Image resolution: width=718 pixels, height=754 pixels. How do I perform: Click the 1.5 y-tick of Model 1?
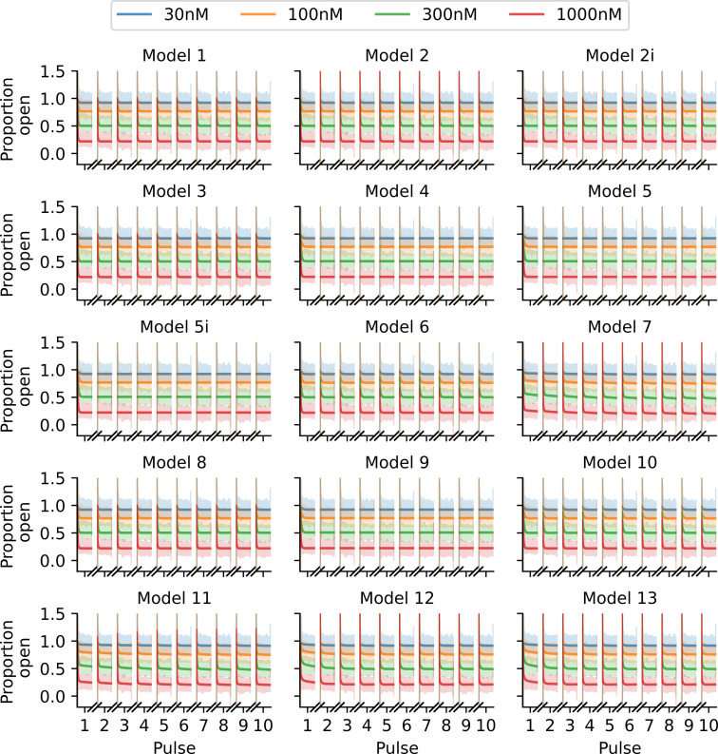pos(55,72)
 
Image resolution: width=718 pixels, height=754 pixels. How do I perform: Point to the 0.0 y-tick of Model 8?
pos(55,561)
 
